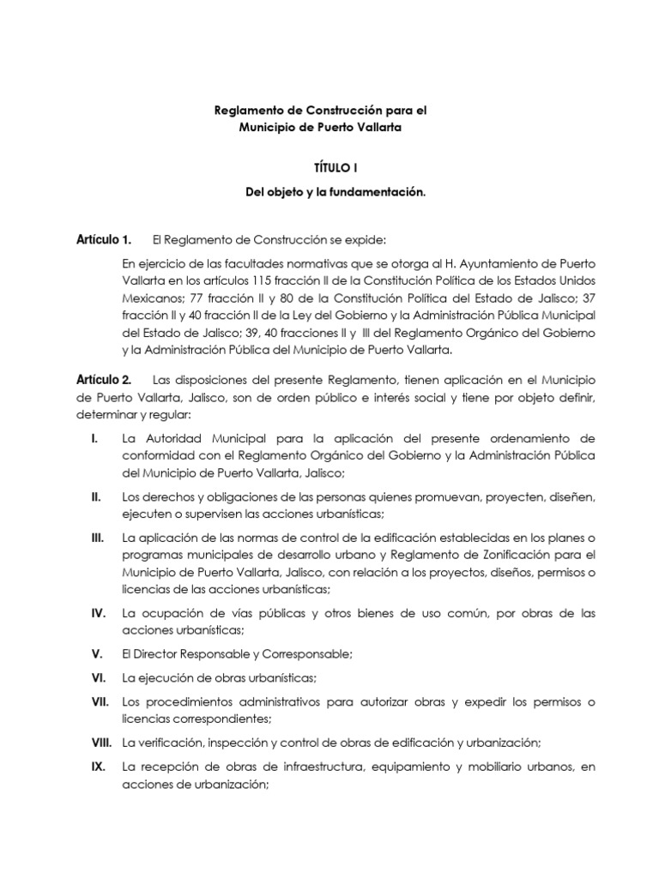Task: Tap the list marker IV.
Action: (97, 613)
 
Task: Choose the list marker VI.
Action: (97, 677)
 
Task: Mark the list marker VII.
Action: (98, 701)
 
